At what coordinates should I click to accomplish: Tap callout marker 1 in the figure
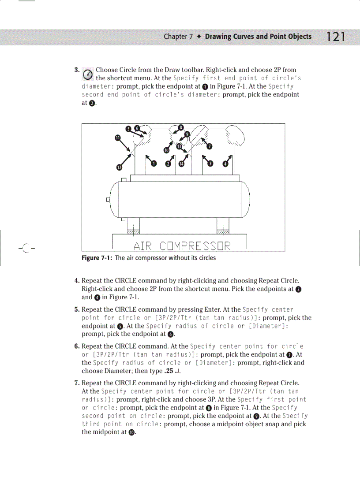tap(154, 164)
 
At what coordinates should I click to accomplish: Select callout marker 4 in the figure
tap(225, 164)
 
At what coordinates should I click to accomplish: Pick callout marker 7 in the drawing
tap(210, 146)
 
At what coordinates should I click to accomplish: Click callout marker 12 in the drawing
tap(119, 167)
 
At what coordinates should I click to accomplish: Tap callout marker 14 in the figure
tap(181, 164)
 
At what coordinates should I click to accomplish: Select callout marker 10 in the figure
tap(166, 150)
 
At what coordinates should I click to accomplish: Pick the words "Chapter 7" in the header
tap(178, 37)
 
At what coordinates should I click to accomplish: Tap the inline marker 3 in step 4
tap(299, 290)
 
